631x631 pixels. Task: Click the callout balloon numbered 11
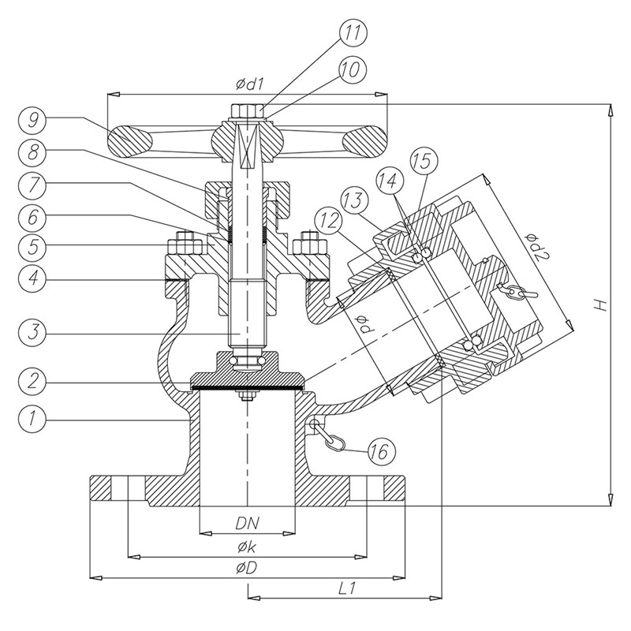352,33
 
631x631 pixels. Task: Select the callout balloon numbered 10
352,70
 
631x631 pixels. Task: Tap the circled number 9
34,120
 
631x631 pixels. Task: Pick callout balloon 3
34,333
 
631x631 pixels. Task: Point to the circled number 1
34,418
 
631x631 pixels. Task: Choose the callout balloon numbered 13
354,200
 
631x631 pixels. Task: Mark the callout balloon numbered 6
34,217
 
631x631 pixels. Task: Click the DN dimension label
247,524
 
